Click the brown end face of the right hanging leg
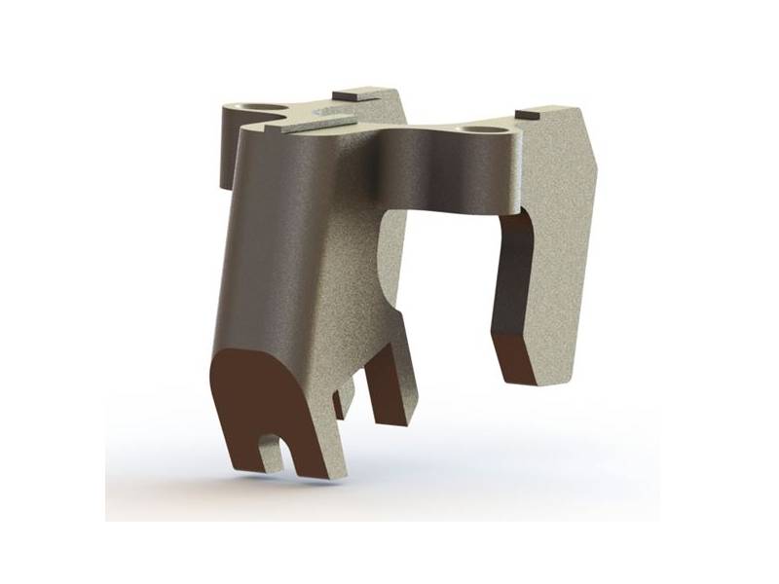[521, 360]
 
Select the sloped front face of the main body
[282, 253]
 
